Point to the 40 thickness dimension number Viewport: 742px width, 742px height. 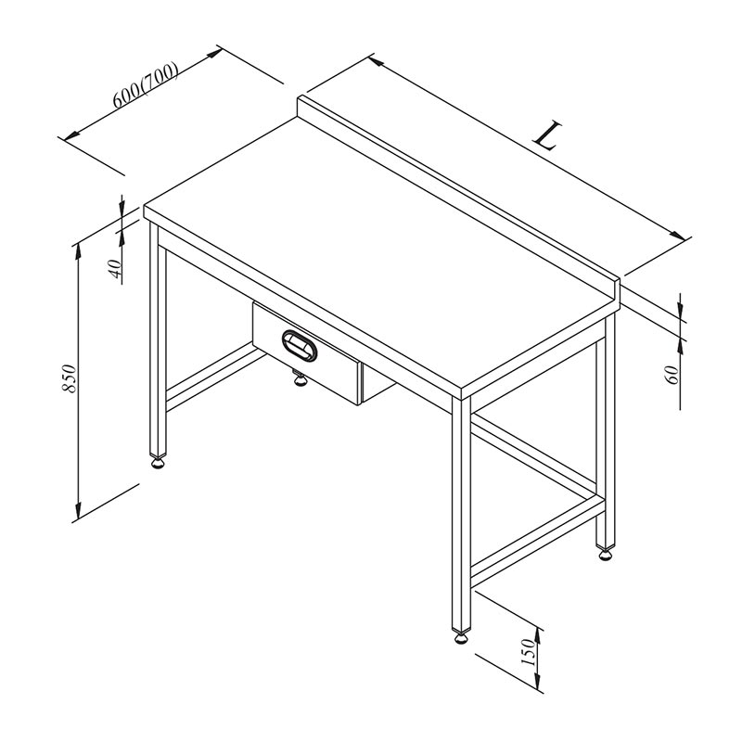[115, 269]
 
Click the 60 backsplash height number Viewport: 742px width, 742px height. [672, 373]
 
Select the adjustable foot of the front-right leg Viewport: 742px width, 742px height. [461, 637]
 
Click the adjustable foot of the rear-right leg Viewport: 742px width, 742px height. [606, 555]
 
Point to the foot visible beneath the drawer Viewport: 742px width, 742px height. [300, 379]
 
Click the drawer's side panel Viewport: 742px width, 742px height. [375, 381]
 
